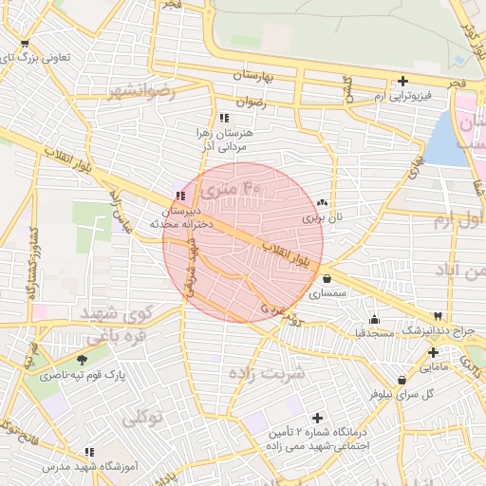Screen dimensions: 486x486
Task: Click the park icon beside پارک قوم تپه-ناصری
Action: tap(81, 359)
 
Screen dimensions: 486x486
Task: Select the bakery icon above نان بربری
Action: tap(322, 202)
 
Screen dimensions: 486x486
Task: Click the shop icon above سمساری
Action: tap(327, 279)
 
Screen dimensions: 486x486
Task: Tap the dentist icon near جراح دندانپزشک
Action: tap(438, 315)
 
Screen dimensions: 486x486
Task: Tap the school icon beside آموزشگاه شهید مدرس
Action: tap(89, 453)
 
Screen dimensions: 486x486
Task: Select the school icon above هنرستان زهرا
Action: tap(224, 118)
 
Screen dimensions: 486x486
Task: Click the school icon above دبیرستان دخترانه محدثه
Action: tap(179, 195)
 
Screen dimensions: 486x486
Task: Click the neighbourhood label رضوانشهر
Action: tap(142, 92)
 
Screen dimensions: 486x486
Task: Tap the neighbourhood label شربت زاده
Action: tap(268, 372)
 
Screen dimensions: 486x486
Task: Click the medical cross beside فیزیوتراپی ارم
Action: tap(404, 81)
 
